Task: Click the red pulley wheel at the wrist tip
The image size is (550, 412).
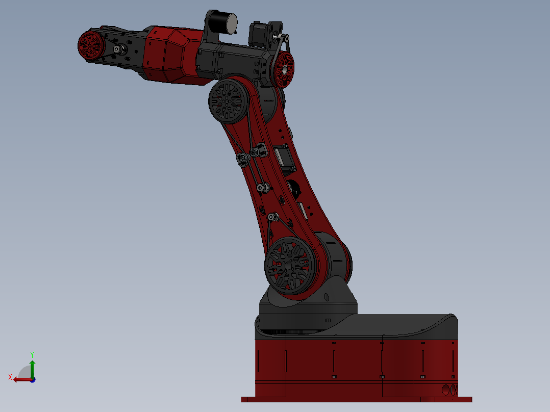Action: tap(91, 45)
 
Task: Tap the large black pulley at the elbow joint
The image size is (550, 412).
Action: tap(227, 100)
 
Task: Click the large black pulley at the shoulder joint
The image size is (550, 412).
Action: tap(289, 266)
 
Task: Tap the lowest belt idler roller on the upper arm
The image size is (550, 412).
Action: tap(272, 218)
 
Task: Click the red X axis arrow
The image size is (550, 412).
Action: tap(21, 379)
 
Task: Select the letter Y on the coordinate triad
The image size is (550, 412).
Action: tap(32, 353)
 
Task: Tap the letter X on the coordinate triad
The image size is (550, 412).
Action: tap(10, 377)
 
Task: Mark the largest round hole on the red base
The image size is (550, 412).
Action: tap(445, 390)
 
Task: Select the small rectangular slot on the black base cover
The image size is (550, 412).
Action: tap(328, 320)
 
